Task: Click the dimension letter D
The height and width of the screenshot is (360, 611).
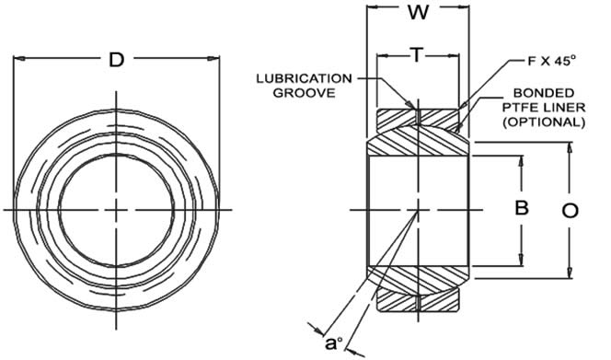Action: tap(116, 60)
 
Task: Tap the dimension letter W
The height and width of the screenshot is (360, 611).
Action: tap(418, 12)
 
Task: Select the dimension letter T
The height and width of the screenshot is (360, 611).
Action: tap(417, 55)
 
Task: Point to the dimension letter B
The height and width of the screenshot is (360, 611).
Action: tap(522, 207)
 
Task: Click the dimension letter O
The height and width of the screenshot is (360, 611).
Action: tap(570, 211)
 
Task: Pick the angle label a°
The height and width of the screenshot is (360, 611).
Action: tap(334, 343)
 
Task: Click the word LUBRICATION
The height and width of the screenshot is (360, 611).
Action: tap(304, 78)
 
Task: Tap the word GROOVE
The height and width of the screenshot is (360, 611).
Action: tap(304, 93)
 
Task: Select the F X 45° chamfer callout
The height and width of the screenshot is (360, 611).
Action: tap(551, 61)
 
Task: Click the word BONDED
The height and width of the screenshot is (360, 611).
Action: tap(544, 93)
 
